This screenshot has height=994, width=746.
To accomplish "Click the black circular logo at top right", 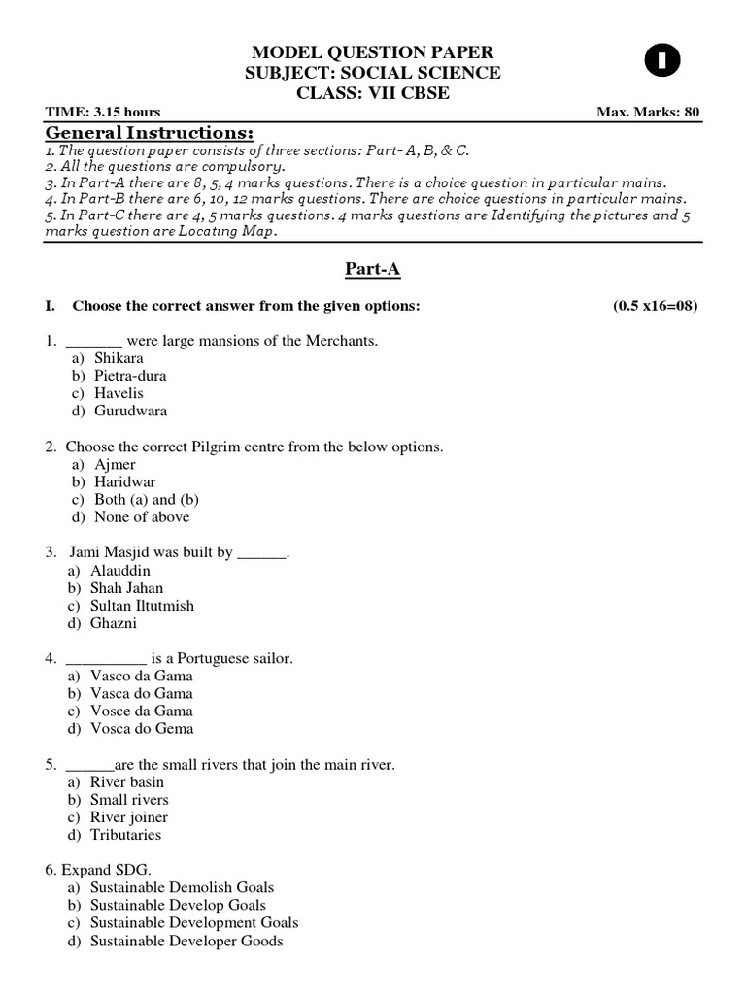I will click(x=662, y=62).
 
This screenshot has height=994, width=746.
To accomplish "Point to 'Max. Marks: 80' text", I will click(x=648, y=112).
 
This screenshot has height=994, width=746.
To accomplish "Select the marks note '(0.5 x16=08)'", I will click(x=655, y=306).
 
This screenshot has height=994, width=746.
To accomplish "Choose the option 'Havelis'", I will click(x=119, y=393).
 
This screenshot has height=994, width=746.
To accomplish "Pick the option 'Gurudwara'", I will click(x=130, y=411).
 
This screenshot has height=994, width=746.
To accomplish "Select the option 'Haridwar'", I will click(x=124, y=481).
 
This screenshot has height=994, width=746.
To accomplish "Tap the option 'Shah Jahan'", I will click(x=126, y=587).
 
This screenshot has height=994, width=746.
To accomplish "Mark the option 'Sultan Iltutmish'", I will click(x=142, y=605).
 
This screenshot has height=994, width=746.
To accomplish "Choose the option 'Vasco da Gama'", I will click(x=141, y=676).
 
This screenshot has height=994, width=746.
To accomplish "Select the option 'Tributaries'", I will click(x=125, y=834).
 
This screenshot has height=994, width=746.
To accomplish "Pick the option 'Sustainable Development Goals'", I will click(x=193, y=922).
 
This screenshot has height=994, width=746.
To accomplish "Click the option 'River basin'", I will click(x=126, y=781).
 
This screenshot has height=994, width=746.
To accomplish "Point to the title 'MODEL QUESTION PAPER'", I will click(x=373, y=51).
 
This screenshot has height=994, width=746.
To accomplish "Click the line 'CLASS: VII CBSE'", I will click(x=373, y=92).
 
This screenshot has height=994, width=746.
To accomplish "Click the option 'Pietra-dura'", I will click(x=130, y=376).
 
